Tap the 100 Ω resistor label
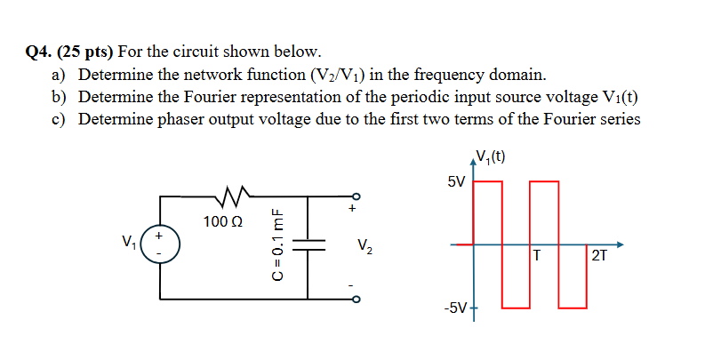tap(221, 220)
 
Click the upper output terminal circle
tap(356, 196)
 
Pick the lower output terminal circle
tap(356, 299)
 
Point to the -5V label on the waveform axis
tap(453, 308)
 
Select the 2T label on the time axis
tap(598, 257)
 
